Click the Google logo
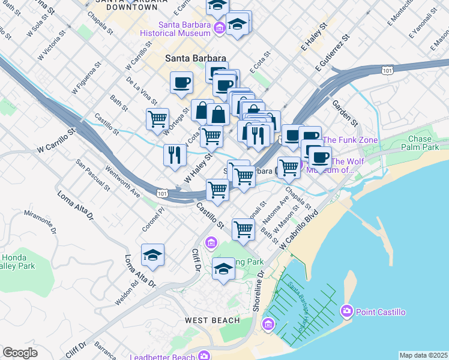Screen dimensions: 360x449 coord(20,353)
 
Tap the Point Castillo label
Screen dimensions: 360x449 coord(381,312)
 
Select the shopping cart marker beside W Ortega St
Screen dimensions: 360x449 coord(157,118)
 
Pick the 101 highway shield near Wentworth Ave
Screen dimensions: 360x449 coord(161,193)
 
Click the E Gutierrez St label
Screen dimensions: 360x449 coord(331,55)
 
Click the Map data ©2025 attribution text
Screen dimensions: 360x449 coord(423,355)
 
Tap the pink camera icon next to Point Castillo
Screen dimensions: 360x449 coord(346,311)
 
